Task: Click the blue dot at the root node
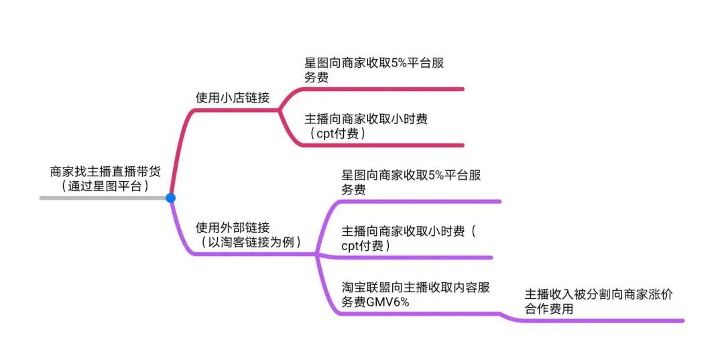coord(170,198)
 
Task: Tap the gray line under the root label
coord(101,198)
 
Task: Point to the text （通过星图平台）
coord(105,186)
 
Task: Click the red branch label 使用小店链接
coord(232,98)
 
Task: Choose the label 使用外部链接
coord(232,227)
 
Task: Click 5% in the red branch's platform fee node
coord(400,64)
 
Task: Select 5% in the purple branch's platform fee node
coord(438,176)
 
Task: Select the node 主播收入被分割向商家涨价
coord(599,295)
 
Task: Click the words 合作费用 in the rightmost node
coord(549,310)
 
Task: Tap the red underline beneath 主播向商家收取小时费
coord(382,145)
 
